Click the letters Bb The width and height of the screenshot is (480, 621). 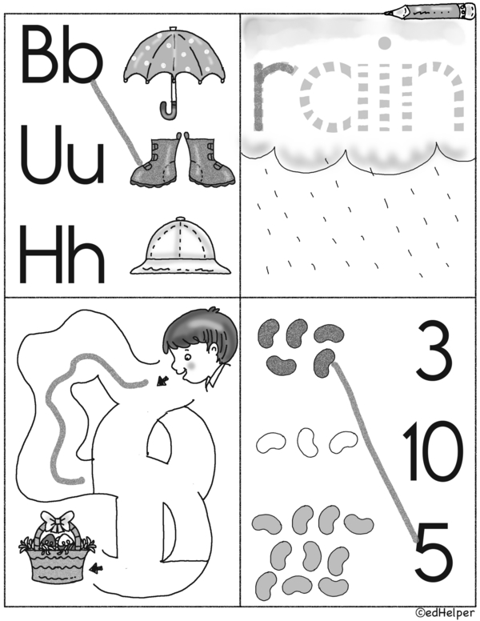pos(62,54)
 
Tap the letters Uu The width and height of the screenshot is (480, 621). pos(62,154)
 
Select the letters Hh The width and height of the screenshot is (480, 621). pos(62,254)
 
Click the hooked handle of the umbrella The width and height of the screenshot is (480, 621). pos(169,110)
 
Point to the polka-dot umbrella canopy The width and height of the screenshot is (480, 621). pos(174,55)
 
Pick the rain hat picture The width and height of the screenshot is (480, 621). pos(181,246)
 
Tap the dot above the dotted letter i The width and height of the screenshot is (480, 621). pos(385,42)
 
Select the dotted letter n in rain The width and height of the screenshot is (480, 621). pos(433,96)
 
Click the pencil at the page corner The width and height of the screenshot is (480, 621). pos(430,11)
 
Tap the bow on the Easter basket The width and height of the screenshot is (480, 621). pos(58,521)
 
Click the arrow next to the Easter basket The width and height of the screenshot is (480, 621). pos(96,569)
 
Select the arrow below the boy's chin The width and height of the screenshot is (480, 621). pos(162,381)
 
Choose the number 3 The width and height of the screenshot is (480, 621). pos(434,351)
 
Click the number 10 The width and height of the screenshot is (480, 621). pos(433,451)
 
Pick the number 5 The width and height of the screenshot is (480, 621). pos(434,551)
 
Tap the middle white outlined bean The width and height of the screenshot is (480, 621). pos(308,442)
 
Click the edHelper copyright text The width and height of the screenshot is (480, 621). pos(445,613)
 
